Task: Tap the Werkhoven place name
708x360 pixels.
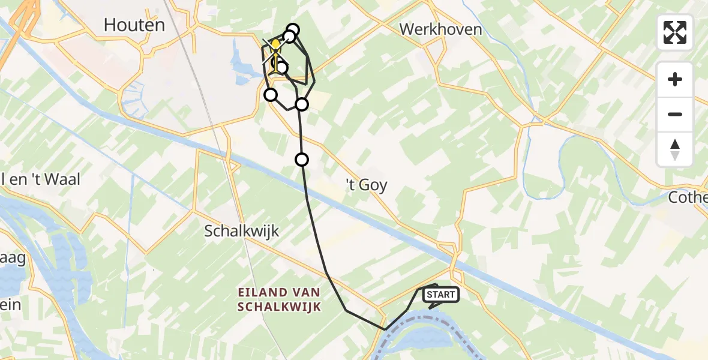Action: (441, 29)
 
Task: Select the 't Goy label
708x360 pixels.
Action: (364, 185)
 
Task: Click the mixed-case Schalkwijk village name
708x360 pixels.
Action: (242, 231)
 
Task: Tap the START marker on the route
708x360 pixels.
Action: (441, 295)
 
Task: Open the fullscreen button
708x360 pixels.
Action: (675, 32)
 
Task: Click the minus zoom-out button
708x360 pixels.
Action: (675, 114)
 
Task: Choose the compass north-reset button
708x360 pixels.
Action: (675, 149)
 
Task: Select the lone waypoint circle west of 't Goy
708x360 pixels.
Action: (302, 160)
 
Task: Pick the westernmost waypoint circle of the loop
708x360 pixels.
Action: (271, 95)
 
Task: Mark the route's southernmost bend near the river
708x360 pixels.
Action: (385, 329)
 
